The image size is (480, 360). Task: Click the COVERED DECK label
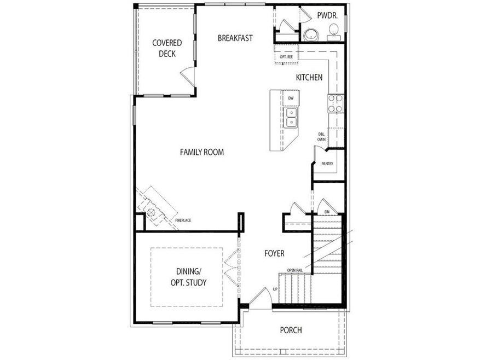[x=167, y=48]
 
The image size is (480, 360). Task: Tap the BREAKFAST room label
[x=235, y=38]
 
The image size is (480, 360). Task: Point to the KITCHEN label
[x=309, y=78]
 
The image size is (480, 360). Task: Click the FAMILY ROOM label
[x=202, y=152]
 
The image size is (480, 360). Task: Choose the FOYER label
[x=274, y=253]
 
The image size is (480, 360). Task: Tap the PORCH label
[x=291, y=330]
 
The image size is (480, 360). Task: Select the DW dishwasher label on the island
[x=291, y=98]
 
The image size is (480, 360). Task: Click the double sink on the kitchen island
[x=291, y=118]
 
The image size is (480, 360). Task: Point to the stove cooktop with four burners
[x=335, y=103]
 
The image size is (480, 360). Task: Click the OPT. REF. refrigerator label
[x=286, y=56]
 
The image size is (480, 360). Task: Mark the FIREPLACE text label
[x=183, y=220]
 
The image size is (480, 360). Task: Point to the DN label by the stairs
[x=327, y=211]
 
